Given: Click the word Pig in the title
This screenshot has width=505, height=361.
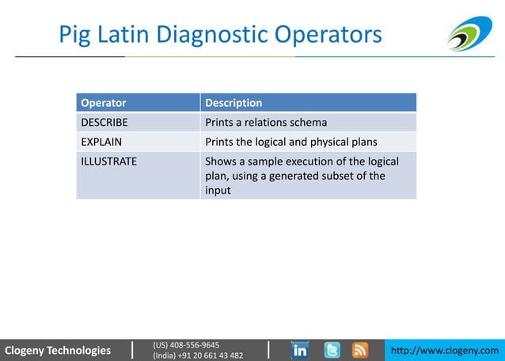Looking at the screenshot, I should pyautogui.click(x=78, y=36).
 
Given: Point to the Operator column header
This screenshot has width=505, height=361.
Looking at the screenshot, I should pyautogui.click(x=104, y=103).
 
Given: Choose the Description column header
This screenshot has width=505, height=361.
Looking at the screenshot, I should pyautogui.click(x=234, y=103).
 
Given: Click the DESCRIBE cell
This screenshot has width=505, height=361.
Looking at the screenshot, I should pyautogui.click(x=104, y=123).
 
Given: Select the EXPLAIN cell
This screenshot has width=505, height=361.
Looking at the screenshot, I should pyautogui.click(x=101, y=142).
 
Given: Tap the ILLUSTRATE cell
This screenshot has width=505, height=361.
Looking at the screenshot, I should pyautogui.click(x=108, y=161).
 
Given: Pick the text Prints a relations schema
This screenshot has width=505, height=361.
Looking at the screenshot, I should pyautogui.click(x=266, y=123).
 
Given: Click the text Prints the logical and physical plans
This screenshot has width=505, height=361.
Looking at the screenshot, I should pyautogui.click(x=290, y=142).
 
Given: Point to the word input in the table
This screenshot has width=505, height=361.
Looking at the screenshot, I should pyautogui.click(x=218, y=191).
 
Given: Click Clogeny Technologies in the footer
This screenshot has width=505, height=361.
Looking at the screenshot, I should pyautogui.click(x=58, y=350).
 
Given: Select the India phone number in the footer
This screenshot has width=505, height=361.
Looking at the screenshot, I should pyautogui.click(x=198, y=355).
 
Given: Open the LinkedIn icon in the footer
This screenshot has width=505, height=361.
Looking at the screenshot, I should pyautogui.click(x=300, y=350).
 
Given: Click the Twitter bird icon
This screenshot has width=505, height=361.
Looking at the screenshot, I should pyautogui.click(x=332, y=350).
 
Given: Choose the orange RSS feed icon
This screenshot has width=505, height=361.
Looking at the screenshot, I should pyautogui.click(x=360, y=350).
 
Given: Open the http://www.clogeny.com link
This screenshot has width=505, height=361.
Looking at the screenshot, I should pyautogui.click(x=446, y=350).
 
